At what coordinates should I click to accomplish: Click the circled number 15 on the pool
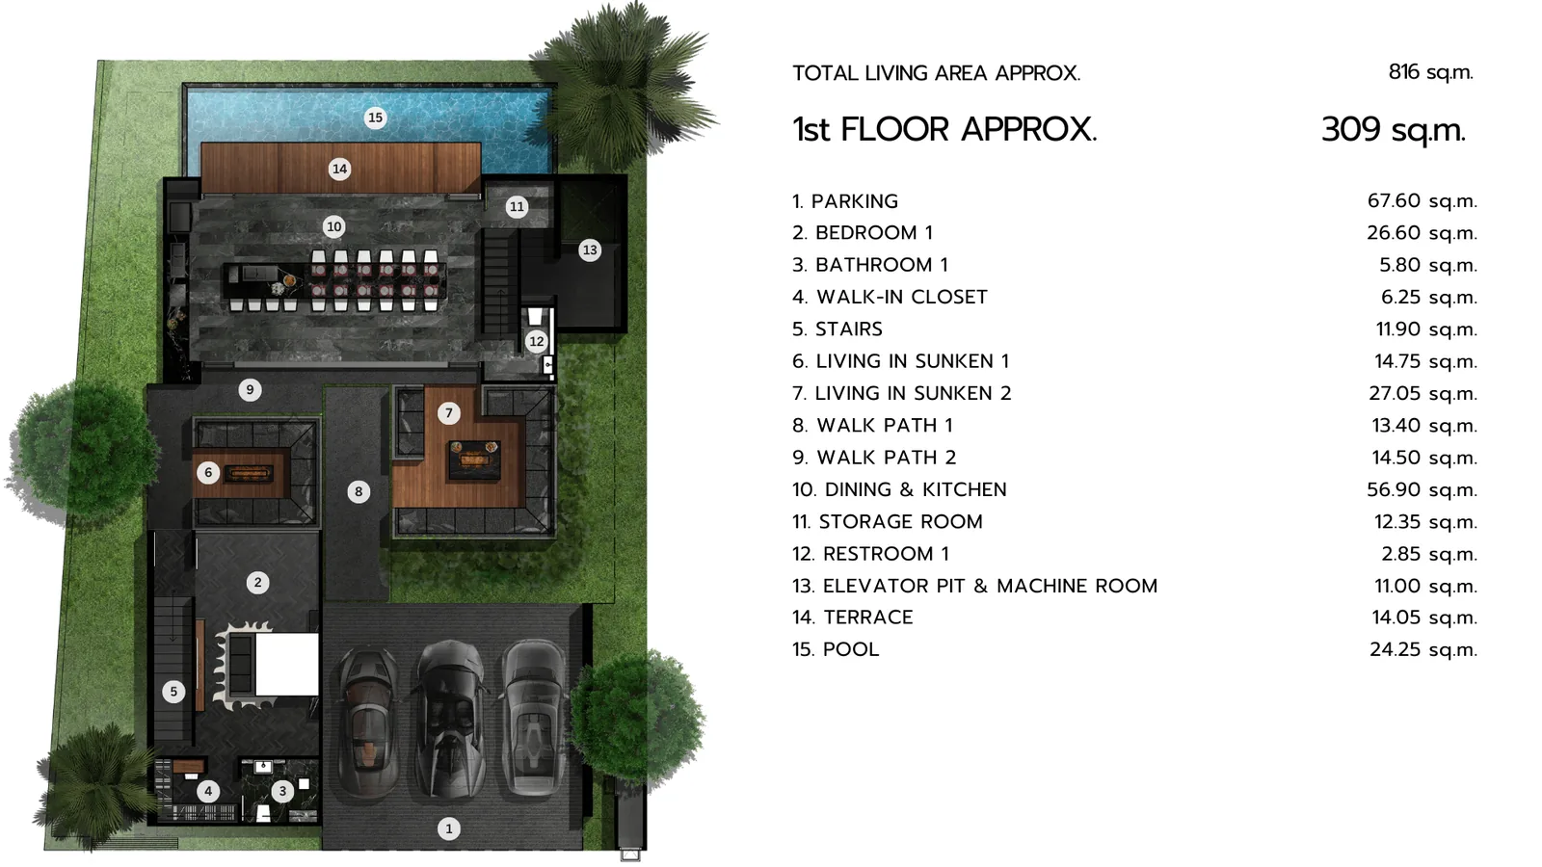[375, 118]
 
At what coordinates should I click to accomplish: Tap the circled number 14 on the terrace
[339, 169]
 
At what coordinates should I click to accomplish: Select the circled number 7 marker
[449, 413]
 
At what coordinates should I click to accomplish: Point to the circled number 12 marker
[536, 341]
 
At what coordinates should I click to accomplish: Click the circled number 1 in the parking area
[449, 829]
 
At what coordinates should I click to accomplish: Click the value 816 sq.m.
[1430, 72]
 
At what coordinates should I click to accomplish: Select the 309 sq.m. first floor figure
[1394, 129]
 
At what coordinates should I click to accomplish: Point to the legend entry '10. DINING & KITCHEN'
[899, 490]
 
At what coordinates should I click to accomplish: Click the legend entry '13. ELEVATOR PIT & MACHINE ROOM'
[974, 587]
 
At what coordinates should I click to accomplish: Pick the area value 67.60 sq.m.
[1422, 201]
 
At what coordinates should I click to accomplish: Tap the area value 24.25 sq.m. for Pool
[1423, 649]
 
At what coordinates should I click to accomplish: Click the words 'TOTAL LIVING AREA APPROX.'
[936, 73]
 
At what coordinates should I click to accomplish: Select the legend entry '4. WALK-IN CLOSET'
[890, 298]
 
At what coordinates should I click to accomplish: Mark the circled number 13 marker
[590, 250]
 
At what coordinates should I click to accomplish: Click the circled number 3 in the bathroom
[282, 791]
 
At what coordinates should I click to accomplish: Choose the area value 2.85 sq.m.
[1429, 554]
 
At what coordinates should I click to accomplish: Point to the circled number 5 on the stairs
[173, 692]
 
